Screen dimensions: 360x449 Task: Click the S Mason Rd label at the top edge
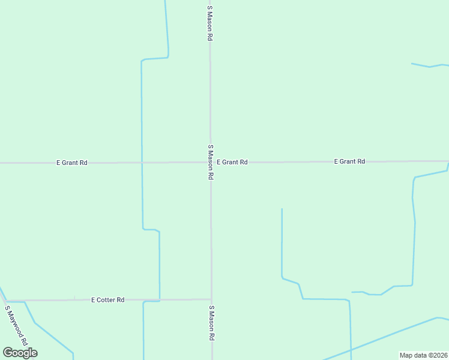(x=210, y=23)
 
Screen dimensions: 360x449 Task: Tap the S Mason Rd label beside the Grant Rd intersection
(x=211, y=162)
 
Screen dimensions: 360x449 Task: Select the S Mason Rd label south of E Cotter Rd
(x=211, y=323)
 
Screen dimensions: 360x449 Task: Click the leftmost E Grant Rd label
(x=72, y=163)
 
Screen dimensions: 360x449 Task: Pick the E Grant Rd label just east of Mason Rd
(x=232, y=162)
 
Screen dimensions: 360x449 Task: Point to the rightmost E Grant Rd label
(x=349, y=161)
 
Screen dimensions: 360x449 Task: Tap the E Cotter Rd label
(x=108, y=299)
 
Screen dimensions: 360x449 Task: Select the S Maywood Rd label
(x=17, y=325)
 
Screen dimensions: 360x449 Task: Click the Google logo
(x=20, y=353)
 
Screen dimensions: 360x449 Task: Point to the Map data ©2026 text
(x=423, y=355)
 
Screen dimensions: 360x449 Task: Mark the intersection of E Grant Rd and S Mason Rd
(x=210, y=162)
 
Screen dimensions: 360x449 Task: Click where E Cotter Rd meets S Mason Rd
(x=211, y=299)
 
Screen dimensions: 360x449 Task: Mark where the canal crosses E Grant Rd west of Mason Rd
(x=142, y=162)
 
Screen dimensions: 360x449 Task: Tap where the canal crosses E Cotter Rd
(x=159, y=299)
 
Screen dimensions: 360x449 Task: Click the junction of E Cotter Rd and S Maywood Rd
(x=5, y=300)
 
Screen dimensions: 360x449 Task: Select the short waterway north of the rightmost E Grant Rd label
(x=429, y=65)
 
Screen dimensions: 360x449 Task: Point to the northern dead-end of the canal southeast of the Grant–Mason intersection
(x=282, y=209)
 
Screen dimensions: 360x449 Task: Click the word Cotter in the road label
(x=108, y=299)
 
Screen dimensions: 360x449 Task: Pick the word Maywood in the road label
(x=16, y=323)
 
